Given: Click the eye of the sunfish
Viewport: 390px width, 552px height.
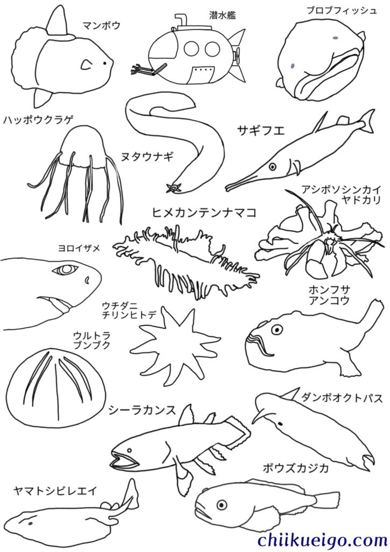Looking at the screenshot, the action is coord(105,64).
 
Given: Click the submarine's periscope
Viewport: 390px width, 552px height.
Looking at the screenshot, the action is coord(181,21).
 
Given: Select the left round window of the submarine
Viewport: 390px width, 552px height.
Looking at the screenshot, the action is coord(191,49).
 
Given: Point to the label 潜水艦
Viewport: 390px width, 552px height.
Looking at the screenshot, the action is coord(222,15).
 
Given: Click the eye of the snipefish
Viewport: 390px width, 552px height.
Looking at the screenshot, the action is coord(273,165).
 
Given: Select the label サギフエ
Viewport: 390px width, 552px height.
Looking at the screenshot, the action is coord(261,130).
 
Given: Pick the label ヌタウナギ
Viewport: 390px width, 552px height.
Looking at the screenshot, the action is coord(148,156).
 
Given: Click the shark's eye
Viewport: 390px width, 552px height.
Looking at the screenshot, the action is coord(65,270).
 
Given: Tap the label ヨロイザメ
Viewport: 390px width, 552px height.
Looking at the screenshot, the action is coord(79,249).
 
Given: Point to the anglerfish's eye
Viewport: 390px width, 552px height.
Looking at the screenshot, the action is coord(277,329).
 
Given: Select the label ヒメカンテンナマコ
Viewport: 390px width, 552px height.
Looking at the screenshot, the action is coord(204,212).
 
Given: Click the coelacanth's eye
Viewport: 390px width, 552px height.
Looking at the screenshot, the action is coord(130,450).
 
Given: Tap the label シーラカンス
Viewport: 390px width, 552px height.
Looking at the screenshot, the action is coord(142,410).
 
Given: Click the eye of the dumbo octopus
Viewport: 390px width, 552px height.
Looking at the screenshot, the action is coord(280,423).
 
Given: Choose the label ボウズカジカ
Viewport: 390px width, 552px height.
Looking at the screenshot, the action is coord(296,468).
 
